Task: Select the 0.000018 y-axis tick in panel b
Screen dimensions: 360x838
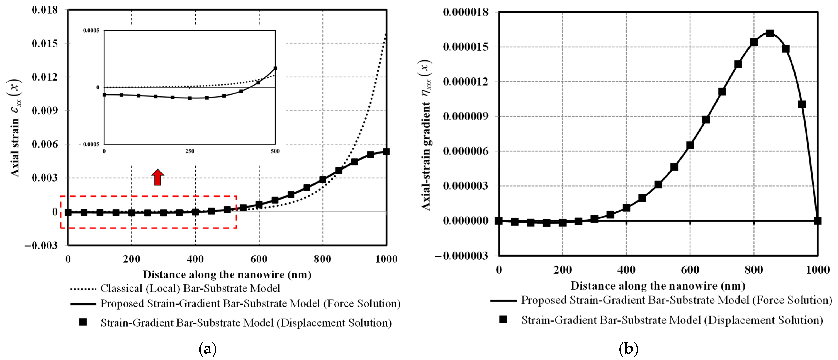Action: pos(466,12)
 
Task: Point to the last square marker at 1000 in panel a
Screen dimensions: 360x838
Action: pos(386,151)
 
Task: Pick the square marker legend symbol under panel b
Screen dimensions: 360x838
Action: pos(503,320)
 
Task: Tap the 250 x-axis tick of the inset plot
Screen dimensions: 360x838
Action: pos(190,151)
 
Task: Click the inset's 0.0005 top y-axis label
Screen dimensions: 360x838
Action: pos(91,31)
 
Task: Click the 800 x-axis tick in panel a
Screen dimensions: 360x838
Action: pos(323,259)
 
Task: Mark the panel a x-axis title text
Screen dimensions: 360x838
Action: pos(227,274)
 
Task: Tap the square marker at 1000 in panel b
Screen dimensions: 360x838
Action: pos(818,221)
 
